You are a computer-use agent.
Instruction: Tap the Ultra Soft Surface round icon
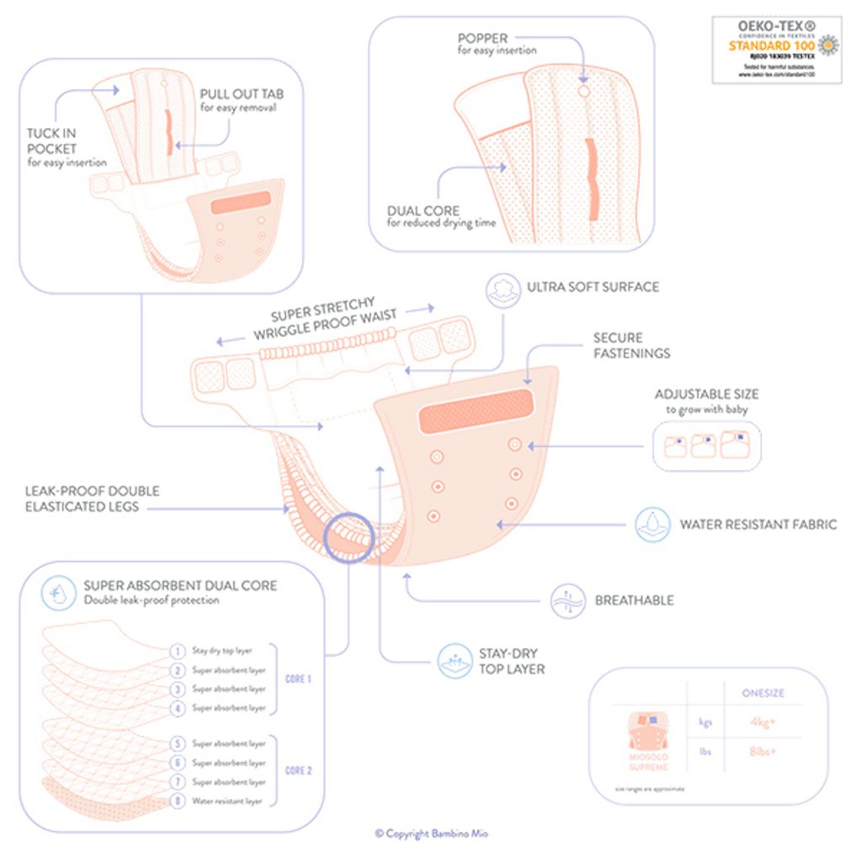click(503, 287)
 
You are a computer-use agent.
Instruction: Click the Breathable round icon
click(567, 601)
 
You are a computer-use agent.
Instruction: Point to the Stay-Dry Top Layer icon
click(455, 661)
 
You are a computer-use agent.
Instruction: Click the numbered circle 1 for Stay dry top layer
click(178, 651)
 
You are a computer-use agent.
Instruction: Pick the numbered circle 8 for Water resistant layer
click(178, 801)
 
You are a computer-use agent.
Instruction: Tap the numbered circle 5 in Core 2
click(178, 743)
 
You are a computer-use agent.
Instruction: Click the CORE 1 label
click(299, 678)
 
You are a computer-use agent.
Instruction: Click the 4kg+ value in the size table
click(764, 721)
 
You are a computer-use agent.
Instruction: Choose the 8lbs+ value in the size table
click(764, 751)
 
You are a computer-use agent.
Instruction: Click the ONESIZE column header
click(763, 693)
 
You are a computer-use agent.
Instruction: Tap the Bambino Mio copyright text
click(431, 833)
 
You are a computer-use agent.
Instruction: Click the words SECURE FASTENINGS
click(631, 345)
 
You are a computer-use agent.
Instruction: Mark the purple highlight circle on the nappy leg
click(349, 537)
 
